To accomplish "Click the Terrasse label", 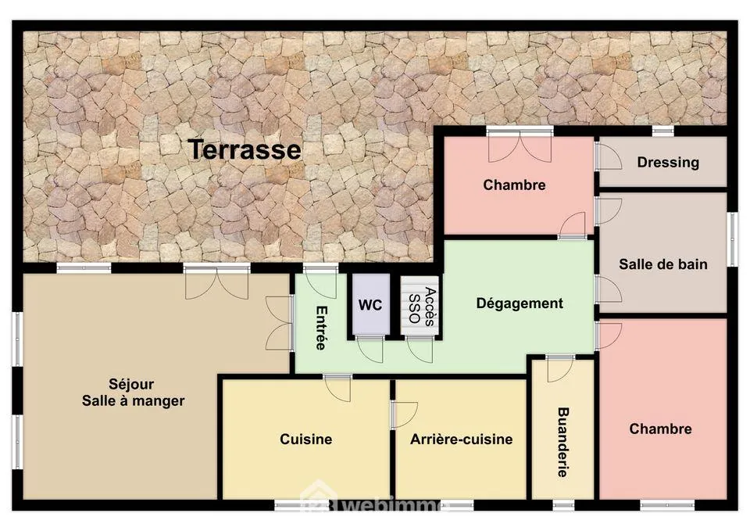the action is click(x=245, y=149).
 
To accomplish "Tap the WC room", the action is click(x=370, y=305).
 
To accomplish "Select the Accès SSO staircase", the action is click(x=420, y=306).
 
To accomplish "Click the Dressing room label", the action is click(x=668, y=163).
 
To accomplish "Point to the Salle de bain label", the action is click(x=663, y=264).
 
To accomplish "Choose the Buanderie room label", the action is click(x=563, y=442).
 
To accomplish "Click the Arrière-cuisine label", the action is click(x=461, y=439).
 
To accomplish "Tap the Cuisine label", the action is click(x=305, y=439).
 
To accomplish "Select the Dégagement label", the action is click(x=520, y=303).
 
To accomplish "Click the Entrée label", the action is click(x=321, y=328).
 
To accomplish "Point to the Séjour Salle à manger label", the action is click(x=133, y=392).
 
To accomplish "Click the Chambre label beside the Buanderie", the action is click(x=660, y=429).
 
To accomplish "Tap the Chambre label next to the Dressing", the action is click(x=514, y=185).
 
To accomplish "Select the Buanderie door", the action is click(x=559, y=368).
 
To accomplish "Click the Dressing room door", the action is click(x=609, y=156).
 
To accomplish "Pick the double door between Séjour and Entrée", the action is click(x=280, y=323).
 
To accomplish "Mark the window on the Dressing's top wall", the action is click(x=663, y=131).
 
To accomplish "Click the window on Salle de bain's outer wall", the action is click(x=732, y=239).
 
